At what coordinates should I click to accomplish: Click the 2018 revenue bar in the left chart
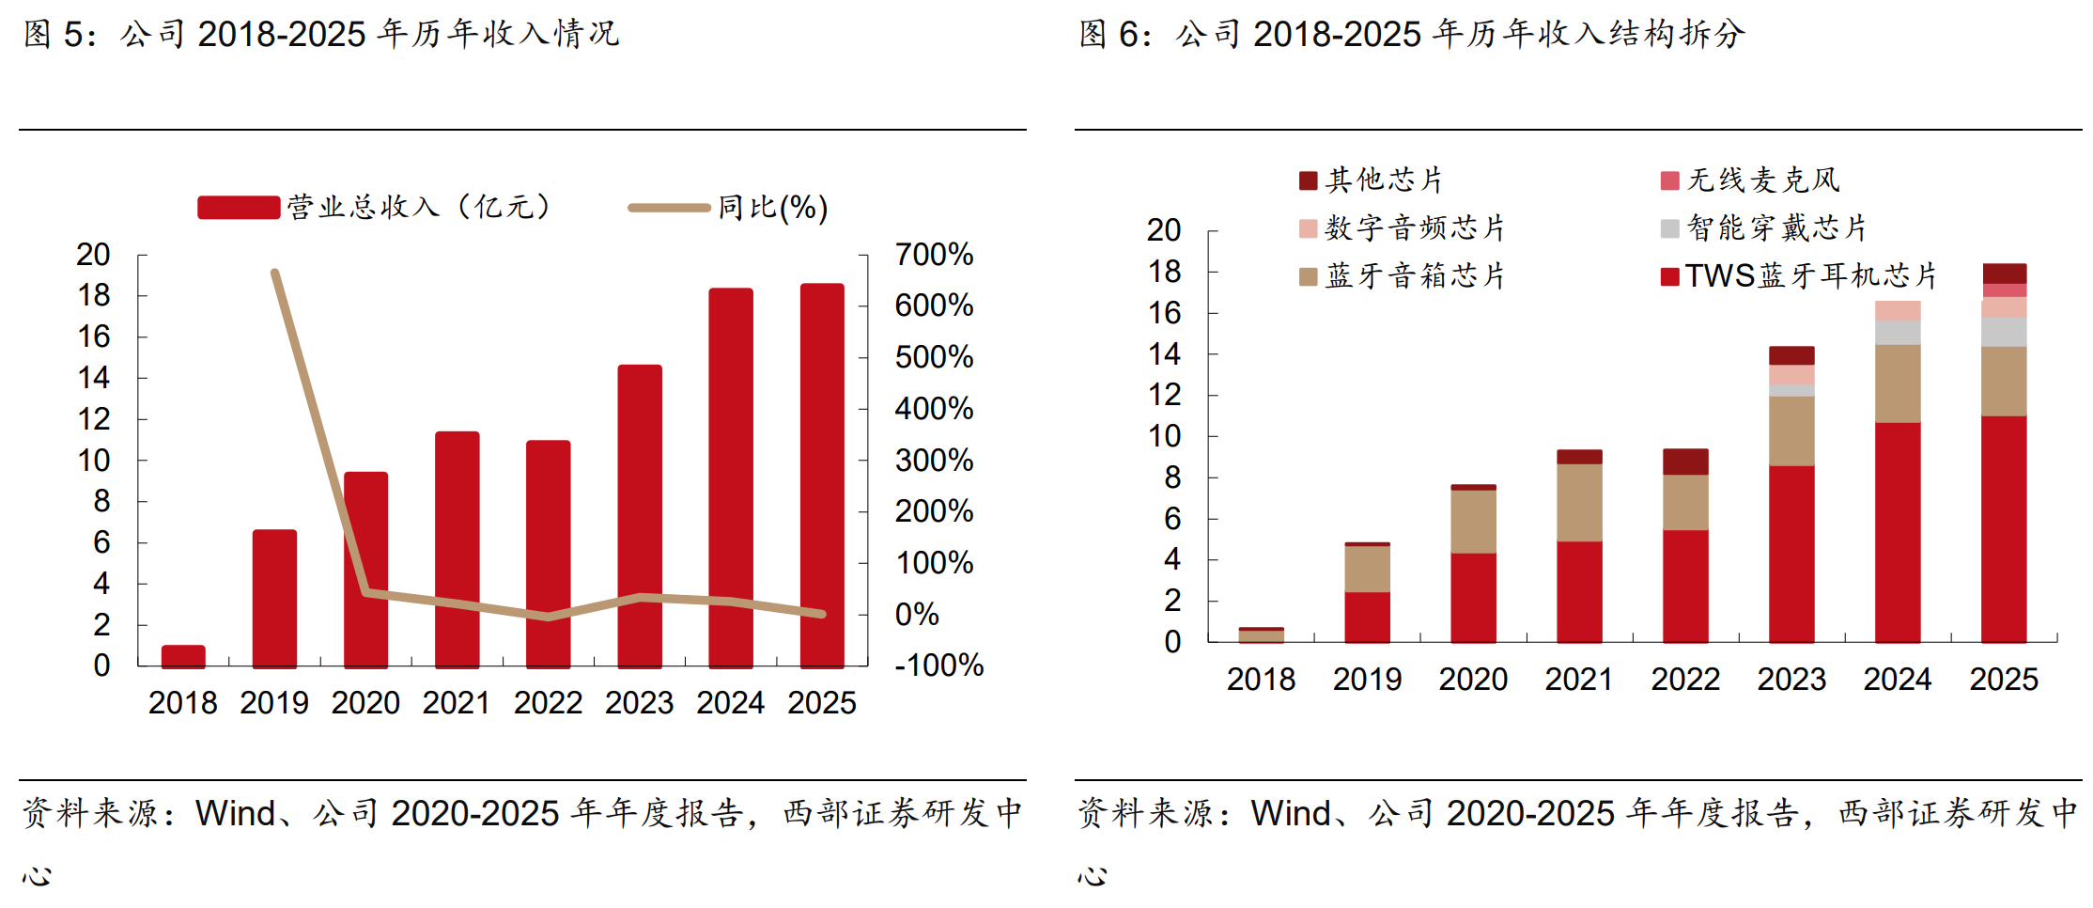click(x=183, y=656)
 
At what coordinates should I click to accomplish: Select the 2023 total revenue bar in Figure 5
click(x=640, y=516)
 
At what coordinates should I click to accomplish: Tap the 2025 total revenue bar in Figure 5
click(x=822, y=476)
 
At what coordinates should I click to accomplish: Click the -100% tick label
click(x=938, y=665)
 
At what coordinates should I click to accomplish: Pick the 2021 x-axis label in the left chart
click(x=457, y=702)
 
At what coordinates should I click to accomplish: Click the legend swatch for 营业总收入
click(x=239, y=208)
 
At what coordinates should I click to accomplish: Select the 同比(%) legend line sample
click(x=669, y=208)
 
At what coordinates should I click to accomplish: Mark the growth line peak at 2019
click(x=274, y=273)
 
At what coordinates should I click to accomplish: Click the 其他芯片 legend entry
click(x=1371, y=180)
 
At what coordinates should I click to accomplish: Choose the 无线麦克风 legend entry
click(x=1750, y=180)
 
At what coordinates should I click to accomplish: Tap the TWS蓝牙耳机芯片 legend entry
click(x=1799, y=275)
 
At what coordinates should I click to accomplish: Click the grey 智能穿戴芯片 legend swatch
click(x=1669, y=227)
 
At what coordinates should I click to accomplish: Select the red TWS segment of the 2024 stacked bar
click(x=1898, y=533)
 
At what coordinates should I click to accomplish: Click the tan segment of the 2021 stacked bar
click(x=1579, y=503)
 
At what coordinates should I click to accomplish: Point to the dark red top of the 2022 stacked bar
click(x=1685, y=462)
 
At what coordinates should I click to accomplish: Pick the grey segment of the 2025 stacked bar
click(x=2004, y=332)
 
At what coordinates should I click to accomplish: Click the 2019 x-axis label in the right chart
click(x=1367, y=679)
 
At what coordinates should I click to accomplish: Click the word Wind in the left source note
click(x=236, y=813)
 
